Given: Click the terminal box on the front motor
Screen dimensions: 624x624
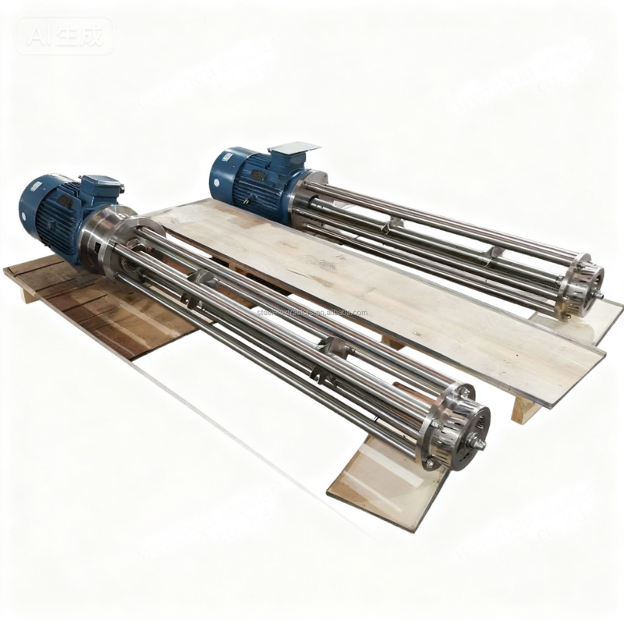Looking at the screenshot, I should [x=102, y=188].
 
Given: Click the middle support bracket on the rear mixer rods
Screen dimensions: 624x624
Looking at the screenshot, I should [x=491, y=253].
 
